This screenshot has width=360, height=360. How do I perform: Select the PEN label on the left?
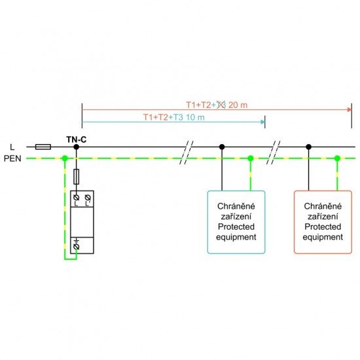(14, 158)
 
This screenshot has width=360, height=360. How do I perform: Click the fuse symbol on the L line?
(44, 148)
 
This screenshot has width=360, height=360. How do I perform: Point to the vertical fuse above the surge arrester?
(77, 176)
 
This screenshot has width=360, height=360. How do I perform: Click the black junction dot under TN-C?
(77, 148)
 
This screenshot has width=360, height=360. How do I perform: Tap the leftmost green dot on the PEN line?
(64, 158)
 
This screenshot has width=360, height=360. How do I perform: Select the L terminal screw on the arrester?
(77, 198)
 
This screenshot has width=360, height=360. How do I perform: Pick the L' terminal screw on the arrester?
(87, 198)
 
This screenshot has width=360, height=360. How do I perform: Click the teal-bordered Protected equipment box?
(236, 222)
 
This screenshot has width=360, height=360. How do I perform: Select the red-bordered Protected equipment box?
(322, 222)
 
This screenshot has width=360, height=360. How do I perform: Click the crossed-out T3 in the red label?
(222, 105)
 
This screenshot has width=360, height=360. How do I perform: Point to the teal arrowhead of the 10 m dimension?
(263, 122)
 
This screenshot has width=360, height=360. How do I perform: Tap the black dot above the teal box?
(222, 148)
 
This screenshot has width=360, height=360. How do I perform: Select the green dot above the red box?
(337, 158)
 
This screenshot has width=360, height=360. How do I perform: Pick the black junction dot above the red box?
(308, 148)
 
